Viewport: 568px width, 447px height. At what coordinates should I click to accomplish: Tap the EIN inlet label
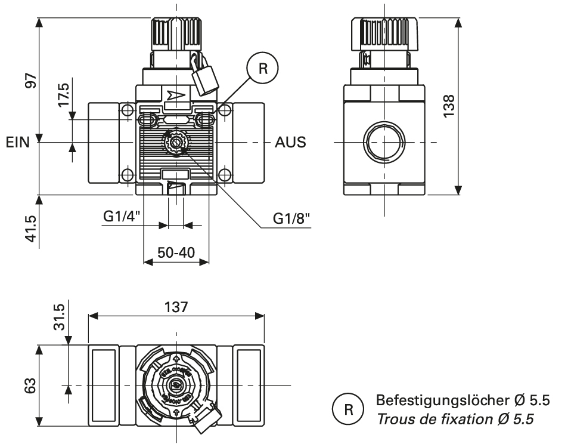tap(18, 143)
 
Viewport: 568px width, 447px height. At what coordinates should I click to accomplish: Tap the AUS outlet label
tap(290, 143)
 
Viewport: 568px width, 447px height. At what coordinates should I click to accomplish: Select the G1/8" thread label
tap(293, 218)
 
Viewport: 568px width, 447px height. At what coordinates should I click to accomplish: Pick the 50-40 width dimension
tap(176, 252)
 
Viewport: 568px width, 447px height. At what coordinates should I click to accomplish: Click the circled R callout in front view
tap(263, 68)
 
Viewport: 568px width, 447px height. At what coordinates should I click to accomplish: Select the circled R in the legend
tap(347, 410)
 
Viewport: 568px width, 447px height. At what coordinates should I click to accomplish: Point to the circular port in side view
tap(383, 143)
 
